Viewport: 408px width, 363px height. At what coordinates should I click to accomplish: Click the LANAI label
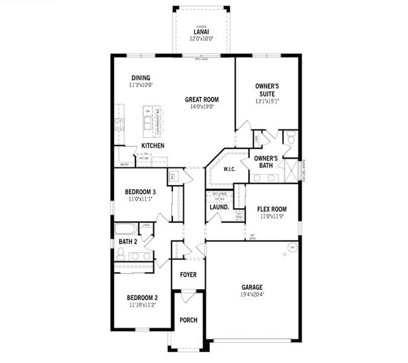[x=201, y=32]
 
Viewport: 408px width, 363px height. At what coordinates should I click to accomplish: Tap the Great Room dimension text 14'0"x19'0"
[x=201, y=106]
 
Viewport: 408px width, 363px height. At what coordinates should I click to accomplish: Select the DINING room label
[x=141, y=77]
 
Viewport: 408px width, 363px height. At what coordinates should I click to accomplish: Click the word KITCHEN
[x=153, y=146]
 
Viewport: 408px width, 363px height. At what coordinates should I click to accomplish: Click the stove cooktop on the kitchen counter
[x=120, y=124]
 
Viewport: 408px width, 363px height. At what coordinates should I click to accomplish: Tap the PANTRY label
[x=125, y=164]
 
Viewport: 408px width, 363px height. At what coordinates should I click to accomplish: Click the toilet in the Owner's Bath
[x=290, y=139]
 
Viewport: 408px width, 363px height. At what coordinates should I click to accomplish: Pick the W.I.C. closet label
[x=230, y=169]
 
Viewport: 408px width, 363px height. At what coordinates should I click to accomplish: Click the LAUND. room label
[x=219, y=207]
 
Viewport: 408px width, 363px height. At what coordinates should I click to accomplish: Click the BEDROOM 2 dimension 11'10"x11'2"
[x=142, y=306]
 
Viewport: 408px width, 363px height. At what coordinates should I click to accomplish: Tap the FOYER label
[x=188, y=274]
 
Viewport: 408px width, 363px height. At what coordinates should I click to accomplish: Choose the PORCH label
[x=189, y=320]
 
